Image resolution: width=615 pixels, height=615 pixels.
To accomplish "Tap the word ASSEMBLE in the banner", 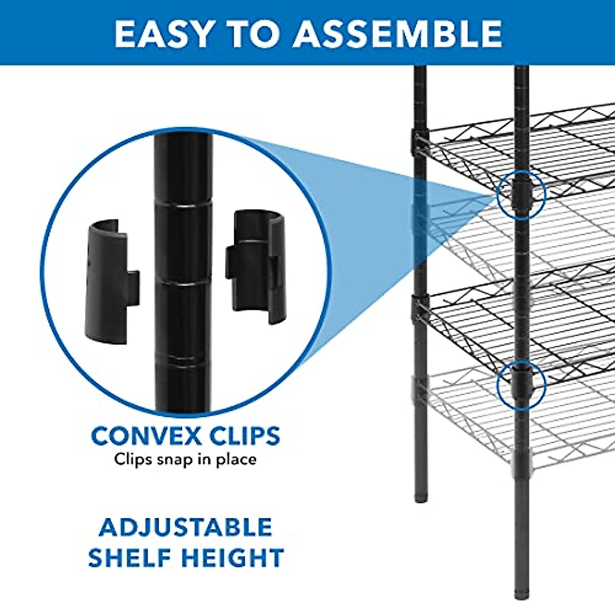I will (397, 34).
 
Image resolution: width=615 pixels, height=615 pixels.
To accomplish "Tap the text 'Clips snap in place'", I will (185, 459).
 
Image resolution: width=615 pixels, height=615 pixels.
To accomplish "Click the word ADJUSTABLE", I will (186, 527).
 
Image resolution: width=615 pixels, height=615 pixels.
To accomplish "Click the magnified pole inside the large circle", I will (182, 266).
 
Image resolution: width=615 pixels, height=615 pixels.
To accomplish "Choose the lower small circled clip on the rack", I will (521, 384).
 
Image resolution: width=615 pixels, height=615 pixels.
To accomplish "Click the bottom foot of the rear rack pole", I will (421, 497).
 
